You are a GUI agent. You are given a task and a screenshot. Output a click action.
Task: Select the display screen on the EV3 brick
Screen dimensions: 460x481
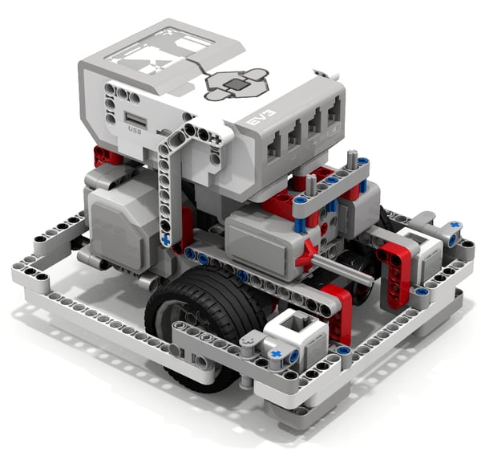(160, 52)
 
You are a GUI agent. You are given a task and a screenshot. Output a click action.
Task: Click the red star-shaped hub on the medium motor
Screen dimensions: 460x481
(305, 255)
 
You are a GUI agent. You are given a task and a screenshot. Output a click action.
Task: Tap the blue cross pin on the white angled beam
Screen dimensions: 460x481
(166, 238)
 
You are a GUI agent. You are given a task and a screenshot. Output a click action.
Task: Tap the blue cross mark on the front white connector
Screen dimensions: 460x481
(277, 352)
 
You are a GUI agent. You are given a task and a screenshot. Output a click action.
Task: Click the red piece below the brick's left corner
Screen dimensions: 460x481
(103, 156)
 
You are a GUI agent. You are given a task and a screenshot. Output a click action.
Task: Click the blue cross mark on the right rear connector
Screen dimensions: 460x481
(455, 226)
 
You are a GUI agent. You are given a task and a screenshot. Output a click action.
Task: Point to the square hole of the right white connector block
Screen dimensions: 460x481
(419, 243)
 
